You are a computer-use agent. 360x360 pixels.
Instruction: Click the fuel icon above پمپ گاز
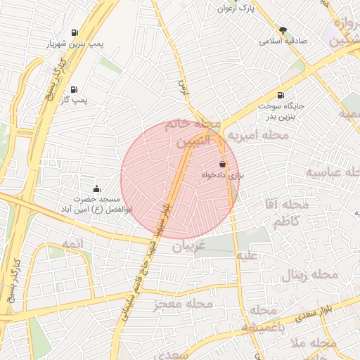(x=74, y=89)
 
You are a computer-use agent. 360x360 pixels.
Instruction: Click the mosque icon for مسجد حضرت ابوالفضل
(x=96, y=188)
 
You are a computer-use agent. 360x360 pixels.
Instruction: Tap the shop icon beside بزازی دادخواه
(x=222, y=164)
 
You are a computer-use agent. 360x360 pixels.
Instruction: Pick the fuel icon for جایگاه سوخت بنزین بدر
(x=281, y=95)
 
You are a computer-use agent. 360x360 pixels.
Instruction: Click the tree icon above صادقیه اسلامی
(x=283, y=30)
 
